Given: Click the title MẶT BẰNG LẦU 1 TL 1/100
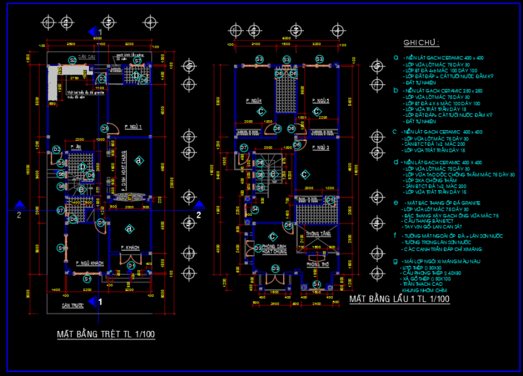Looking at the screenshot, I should pos(399,299).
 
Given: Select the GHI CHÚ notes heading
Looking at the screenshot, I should pos(421,43).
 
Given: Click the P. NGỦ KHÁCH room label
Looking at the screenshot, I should pos(90,263).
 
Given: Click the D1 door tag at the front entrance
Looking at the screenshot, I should pos(131,265).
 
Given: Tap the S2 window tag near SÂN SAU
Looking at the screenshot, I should pos(73,60).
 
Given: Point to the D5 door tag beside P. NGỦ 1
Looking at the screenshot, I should pos(105,128).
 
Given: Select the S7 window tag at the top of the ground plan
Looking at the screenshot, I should pos(137,61).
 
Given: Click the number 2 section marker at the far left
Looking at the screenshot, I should pos(19,214).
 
